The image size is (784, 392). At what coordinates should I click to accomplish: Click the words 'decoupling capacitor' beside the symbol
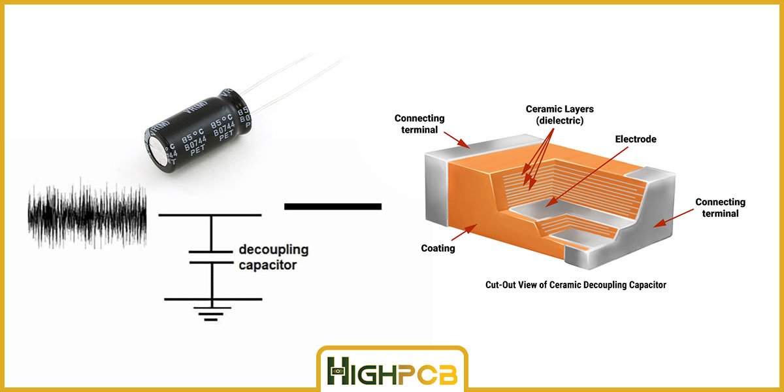tap(273, 257)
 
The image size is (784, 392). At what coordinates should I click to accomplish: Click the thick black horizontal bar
tap(333, 206)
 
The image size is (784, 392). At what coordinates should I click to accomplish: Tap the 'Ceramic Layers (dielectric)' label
tap(559, 114)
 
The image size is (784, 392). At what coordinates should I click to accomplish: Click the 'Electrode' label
tap(635, 139)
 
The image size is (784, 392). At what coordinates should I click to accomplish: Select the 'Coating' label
tap(438, 248)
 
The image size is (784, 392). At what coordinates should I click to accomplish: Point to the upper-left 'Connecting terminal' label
tap(419, 123)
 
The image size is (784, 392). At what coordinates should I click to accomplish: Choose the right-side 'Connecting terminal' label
tap(720, 208)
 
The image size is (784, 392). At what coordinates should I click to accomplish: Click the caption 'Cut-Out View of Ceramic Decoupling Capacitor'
tap(576, 285)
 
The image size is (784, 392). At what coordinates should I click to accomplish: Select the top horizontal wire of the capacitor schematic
tap(210, 215)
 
